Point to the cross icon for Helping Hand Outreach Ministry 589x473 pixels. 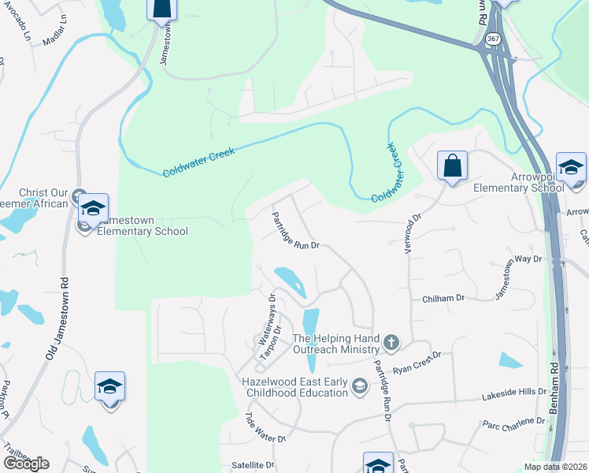point(391,342)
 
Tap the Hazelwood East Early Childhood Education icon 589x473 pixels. point(359,385)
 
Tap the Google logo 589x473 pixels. point(26,464)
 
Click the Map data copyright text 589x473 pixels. point(554,467)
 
